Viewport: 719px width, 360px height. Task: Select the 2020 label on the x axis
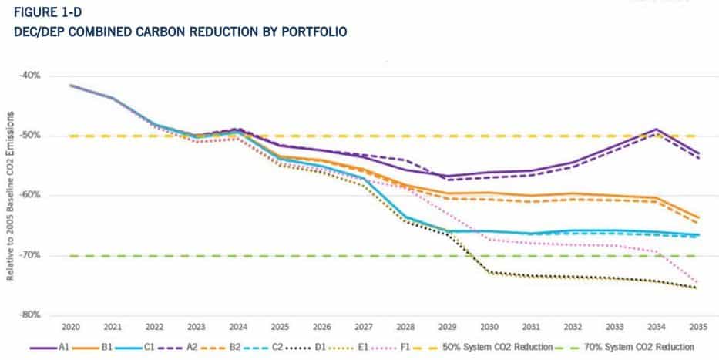(x=71, y=326)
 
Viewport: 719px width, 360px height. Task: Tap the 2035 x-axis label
(x=698, y=326)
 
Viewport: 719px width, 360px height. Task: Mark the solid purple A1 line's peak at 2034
(x=656, y=130)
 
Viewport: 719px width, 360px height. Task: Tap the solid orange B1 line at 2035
(x=698, y=218)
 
